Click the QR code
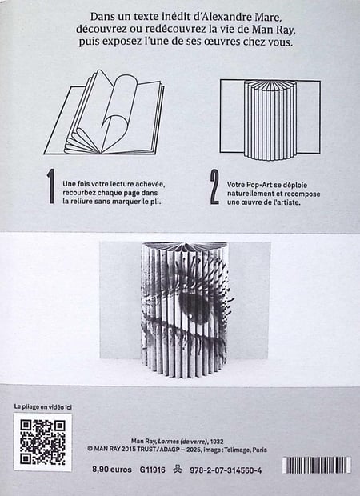pyautogui.click(x=42, y=442)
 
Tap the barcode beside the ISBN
pyautogui.click(x=316, y=465)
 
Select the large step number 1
pyautogui.click(x=51, y=186)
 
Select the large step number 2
pyautogui.click(x=214, y=186)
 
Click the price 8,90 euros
pyautogui.click(x=112, y=470)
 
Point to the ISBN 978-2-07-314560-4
pyautogui.click(x=226, y=470)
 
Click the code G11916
pyautogui.click(x=153, y=470)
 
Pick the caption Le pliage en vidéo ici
pyautogui.click(x=43, y=406)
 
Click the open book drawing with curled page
pyautogui.click(x=104, y=113)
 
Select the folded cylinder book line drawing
pyautogui.click(x=270, y=119)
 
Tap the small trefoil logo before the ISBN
pyautogui.click(x=178, y=470)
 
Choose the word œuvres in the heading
pyautogui.click(x=222, y=42)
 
